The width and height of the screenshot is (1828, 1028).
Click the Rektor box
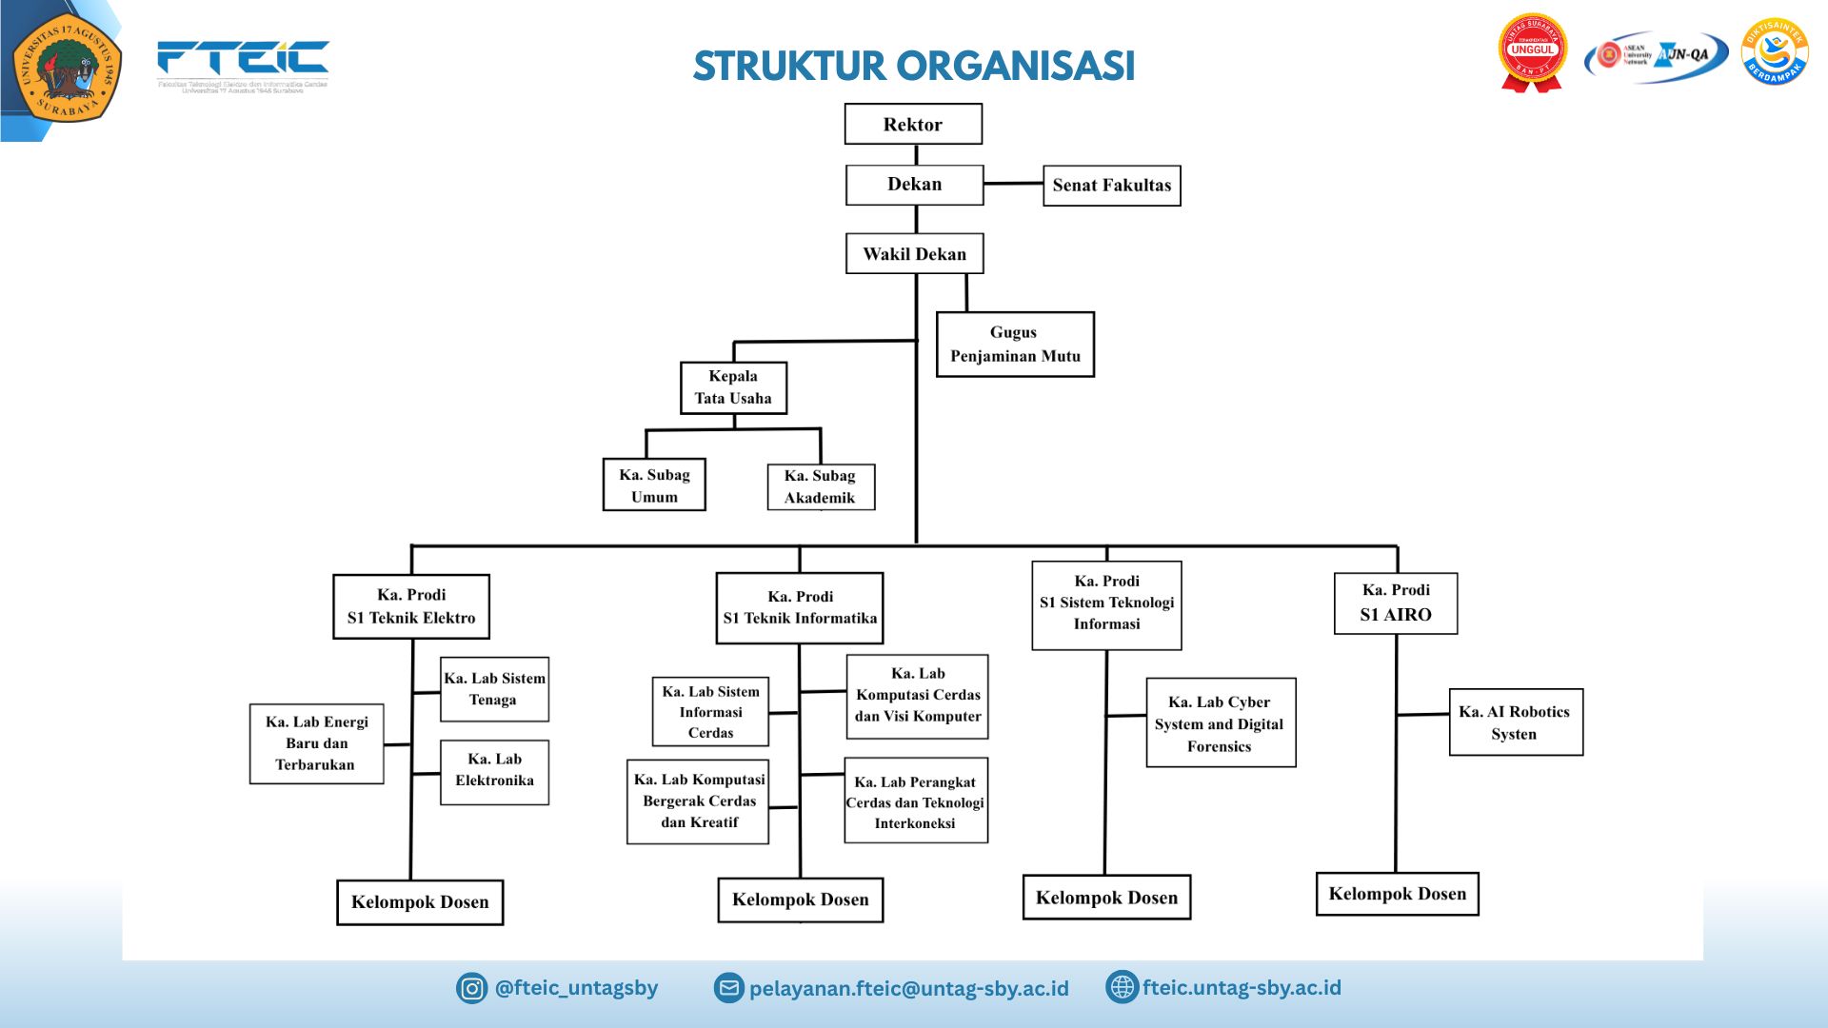[x=913, y=125]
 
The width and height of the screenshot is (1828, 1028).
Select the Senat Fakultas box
[x=1111, y=186]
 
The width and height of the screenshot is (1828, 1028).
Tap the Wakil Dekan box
[x=914, y=254]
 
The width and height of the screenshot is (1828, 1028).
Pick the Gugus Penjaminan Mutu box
[x=1015, y=345]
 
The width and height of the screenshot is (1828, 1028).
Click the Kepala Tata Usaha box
[x=733, y=387]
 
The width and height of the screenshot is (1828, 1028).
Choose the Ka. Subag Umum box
[x=654, y=485]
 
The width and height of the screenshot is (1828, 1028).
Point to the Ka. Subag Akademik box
[x=820, y=486]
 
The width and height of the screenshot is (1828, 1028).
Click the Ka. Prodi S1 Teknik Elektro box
[x=411, y=606]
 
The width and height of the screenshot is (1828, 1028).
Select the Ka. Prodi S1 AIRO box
[x=1396, y=603]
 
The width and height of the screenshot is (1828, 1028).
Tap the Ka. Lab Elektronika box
[x=494, y=772]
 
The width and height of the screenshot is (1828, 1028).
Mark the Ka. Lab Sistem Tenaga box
[x=494, y=689]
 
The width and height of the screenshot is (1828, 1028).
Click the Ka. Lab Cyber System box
[x=1221, y=723]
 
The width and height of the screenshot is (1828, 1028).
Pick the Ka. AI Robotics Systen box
[x=1515, y=722]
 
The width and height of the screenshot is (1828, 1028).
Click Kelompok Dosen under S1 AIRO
[x=1397, y=894]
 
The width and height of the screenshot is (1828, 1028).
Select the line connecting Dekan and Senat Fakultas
[x=1013, y=183]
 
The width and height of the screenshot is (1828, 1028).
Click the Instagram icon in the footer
[x=471, y=988]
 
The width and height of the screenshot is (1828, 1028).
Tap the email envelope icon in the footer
[x=728, y=988]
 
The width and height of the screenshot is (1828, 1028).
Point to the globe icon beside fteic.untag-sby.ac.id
[x=1122, y=987]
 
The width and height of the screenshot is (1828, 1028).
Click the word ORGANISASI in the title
[x=1015, y=66]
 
